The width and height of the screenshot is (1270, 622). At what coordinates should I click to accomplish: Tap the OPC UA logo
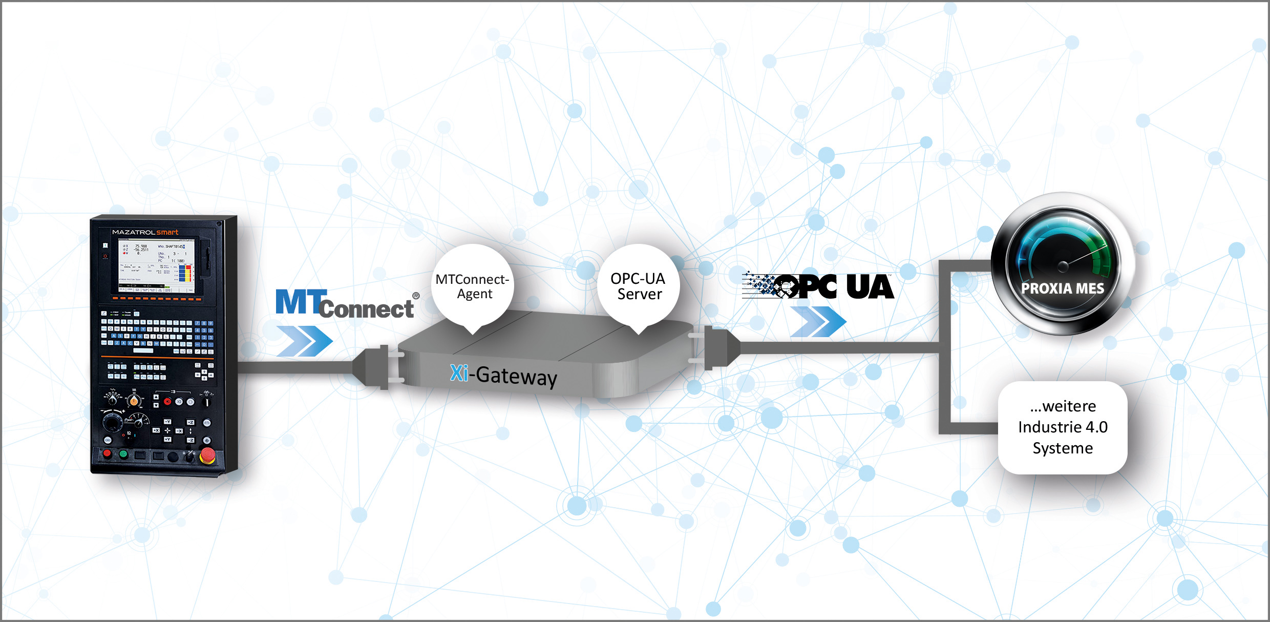(818, 286)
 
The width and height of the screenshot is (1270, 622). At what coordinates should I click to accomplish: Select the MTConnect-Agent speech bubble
(472, 286)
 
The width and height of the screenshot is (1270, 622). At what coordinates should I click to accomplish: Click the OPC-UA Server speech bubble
(639, 286)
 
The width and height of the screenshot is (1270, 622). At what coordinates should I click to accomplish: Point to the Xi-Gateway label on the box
(503, 375)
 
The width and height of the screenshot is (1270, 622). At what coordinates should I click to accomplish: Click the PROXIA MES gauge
(1063, 263)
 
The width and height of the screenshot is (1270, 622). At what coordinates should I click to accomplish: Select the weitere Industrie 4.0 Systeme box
(1063, 427)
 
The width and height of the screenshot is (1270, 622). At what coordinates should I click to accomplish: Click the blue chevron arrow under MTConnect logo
(305, 341)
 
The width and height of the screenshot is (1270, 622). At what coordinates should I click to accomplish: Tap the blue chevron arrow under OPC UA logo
(818, 322)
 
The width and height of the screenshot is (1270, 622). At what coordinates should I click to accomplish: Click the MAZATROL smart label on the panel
(145, 232)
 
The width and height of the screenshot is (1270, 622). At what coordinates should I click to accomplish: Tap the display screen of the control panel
(157, 266)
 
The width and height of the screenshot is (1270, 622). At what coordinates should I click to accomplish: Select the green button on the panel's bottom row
(123, 454)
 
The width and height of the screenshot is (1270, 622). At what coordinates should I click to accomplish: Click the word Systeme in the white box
(1063, 448)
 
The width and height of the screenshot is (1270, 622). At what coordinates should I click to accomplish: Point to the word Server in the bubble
(639, 294)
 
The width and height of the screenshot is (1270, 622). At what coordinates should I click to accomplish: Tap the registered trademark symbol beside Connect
(416, 296)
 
